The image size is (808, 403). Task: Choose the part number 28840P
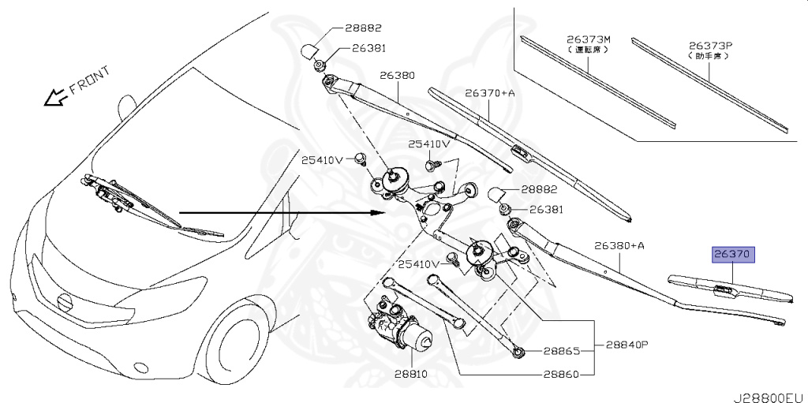[627, 345]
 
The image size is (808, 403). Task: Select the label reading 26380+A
[620, 245]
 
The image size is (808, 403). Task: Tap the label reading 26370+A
[489, 93]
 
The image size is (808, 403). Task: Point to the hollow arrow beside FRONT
[54, 98]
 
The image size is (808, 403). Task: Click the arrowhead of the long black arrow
[378, 213]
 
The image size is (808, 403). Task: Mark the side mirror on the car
[125, 106]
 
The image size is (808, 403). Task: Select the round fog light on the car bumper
[141, 367]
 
